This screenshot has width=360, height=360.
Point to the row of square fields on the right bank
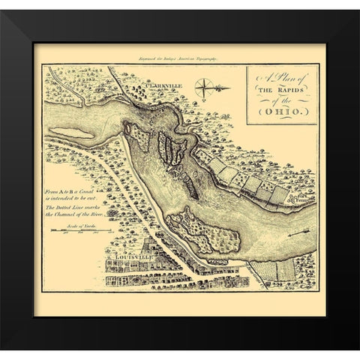point(247,172)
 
